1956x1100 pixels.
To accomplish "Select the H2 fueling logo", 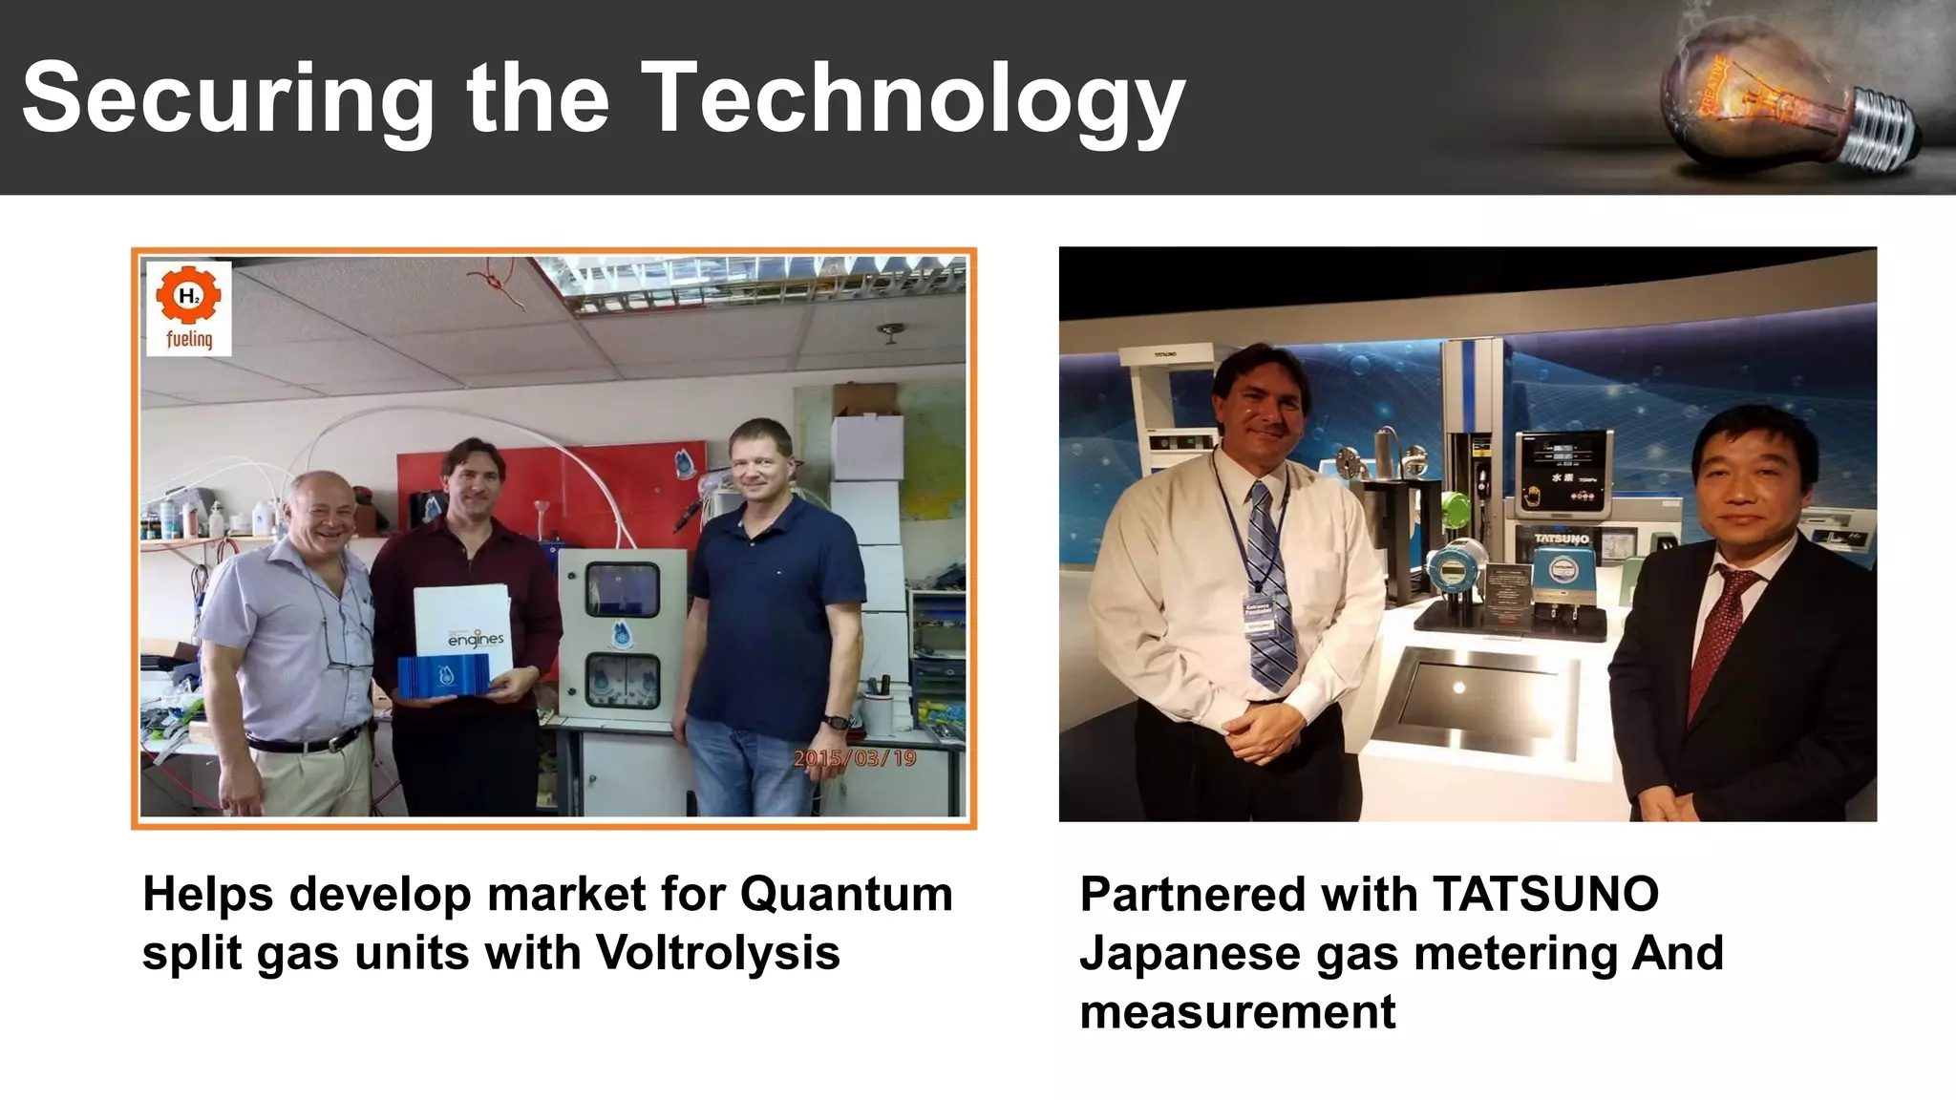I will [x=189, y=308].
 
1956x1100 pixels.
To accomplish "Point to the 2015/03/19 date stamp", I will [x=854, y=758].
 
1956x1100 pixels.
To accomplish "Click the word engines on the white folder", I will [x=476, y=639].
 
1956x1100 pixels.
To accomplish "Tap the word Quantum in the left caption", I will [x=846, y=895].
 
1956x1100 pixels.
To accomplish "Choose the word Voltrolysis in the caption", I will [x=717, y=953].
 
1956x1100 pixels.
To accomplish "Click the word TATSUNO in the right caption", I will [x=1545, y=895].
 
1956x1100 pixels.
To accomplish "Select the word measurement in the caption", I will [x=1238, y=1011].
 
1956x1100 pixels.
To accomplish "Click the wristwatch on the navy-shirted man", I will [x=837, y=723].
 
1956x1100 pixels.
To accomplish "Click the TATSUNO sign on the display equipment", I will [x=1562, y=539].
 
